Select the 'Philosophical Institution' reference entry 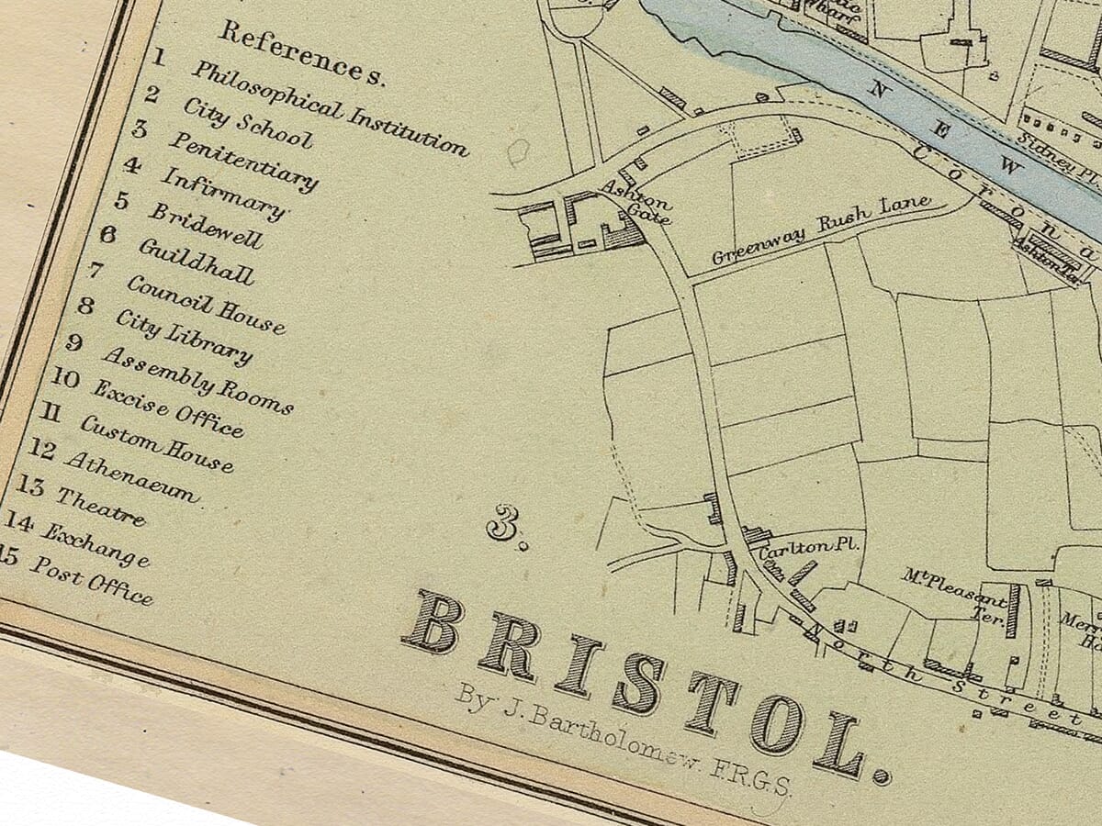tap(329, 108)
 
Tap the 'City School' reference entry tap(247, 122)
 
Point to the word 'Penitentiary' tap(242, 162)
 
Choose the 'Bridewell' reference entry tap(206, 225)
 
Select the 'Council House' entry tap(206, 305)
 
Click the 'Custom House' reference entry tap(156, 443)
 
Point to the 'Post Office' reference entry tap(91, 580)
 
